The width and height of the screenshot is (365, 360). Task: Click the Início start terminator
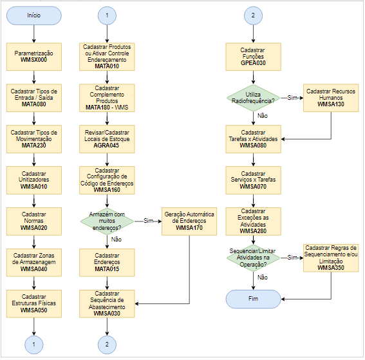point(34,15)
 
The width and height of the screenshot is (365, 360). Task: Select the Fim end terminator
point(253,299)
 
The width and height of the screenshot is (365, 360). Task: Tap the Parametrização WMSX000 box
point(34,57)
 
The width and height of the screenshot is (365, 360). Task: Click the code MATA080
point(34,104)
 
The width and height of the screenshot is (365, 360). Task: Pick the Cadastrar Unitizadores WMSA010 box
point(34,180)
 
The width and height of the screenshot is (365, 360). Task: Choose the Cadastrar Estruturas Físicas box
point(34,303)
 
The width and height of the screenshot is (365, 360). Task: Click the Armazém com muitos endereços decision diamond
point(107,221)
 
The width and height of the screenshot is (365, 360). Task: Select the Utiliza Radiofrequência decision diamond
point(253,98)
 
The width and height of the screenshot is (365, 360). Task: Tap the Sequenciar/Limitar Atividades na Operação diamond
point(253,258)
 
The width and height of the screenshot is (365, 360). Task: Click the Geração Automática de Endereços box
point(189,222)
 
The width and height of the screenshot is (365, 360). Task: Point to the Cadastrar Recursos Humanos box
point(331,98)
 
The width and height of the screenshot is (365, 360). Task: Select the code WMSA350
point(331,268)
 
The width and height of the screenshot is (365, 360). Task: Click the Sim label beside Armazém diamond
point(148,221)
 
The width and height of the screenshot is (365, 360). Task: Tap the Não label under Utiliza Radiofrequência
point(263,116)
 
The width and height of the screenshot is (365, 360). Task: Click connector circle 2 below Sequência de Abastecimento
point(107,345)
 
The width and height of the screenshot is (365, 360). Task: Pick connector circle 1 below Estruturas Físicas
point(34,345)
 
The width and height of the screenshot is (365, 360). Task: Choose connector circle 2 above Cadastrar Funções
point(253,15)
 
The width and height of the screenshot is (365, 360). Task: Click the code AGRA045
point(106,146)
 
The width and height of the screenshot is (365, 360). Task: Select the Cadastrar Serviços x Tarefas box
point(253,180)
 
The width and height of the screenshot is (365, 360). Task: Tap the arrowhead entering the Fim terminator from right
point(283,299)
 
